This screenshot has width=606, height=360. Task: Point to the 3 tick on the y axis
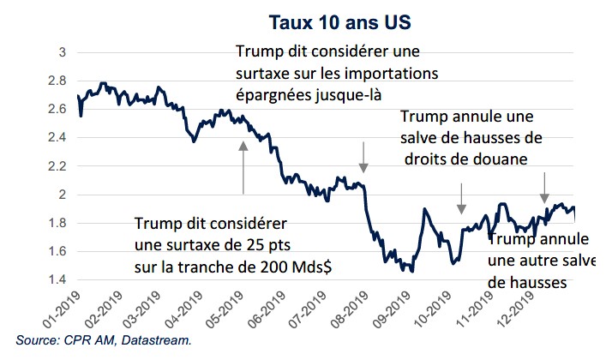(61, 52)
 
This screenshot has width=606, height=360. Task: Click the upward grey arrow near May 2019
(243, 166)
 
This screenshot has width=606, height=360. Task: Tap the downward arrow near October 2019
(461, 198)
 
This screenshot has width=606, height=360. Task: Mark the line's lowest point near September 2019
(412, 271)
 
